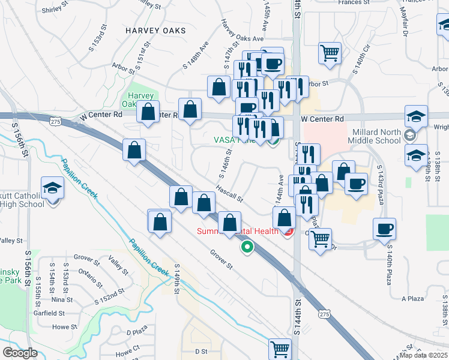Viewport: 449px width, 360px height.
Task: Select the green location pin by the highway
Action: pos(247,246)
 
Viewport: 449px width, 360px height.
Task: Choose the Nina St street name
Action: pos(62,299)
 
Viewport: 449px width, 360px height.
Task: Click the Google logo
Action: pos(20,353)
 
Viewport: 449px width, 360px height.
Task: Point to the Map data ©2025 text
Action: pos(424,356)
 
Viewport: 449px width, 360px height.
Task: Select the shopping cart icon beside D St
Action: pos(280,348)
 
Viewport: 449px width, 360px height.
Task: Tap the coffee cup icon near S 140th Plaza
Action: pos(384,228)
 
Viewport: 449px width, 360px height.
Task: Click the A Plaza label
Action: pos(412,298)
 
